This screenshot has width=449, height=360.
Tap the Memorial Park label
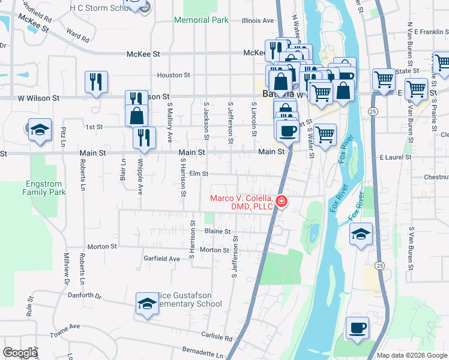pyautogui.click(x=201, y=20)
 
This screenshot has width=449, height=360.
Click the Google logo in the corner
pyautogui.click(x=20, y=353)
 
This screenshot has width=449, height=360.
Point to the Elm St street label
pyautogui.click(x=198, y=174)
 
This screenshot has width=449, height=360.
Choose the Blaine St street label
pyautogui.click(x=217, y=231)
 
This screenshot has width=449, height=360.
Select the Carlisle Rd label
pyautogui.click(x=217, y=335)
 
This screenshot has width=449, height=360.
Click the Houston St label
pyautogui.click(x=173, y=75)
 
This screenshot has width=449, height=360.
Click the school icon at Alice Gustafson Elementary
pyautogui.click(x=146, y=304)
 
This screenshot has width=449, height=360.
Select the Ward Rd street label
pyautogui.click(x=78, y=35)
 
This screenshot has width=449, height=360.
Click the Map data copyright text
pyautogui.click(x=412, y=355)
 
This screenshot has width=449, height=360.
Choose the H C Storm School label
pyautogui.click(x=101, y=7)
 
